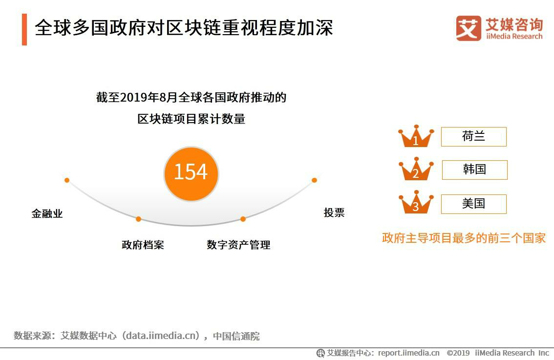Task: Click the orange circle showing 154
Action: pos(191,173)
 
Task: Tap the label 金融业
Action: pos(47,214)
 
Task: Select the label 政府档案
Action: pos(143,245)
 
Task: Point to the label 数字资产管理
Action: pos(238,245)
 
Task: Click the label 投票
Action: pos(334,212)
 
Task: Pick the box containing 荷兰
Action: pos(473,137)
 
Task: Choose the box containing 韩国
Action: pos(474,170)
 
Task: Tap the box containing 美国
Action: pos(473,204)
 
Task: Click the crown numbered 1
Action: pos(416,137)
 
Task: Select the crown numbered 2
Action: pos(416,169)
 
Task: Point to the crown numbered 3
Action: pos(416,203)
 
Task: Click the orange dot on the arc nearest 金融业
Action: pos(67,180)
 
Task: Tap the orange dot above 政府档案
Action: pos(139,219)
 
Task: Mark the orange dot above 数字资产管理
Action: pos(243,219)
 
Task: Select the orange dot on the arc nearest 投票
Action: pos(314,180)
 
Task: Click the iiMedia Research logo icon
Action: pos(469,28)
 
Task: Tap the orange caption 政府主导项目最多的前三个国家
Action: pos(464,238)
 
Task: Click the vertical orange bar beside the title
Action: pos(24,29)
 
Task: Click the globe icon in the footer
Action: pos(320,353)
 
